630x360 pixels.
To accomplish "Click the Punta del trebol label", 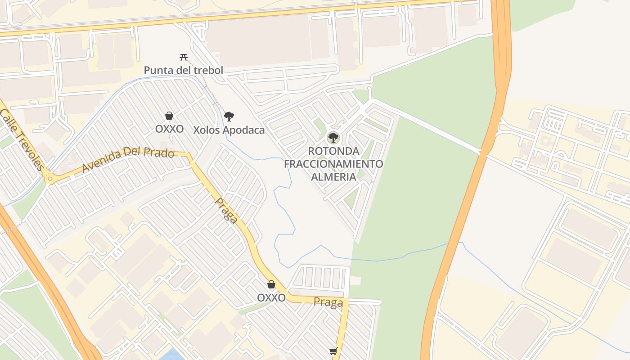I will click(x=183, y=70).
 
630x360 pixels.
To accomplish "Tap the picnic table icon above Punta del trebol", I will click(x=183, y=57).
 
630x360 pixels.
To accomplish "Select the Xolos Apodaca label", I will click(x=229, y=130).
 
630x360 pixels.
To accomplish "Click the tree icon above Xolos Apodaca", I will click(x=229, y=117).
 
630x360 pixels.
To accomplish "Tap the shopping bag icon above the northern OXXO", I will click(x=169, y=116).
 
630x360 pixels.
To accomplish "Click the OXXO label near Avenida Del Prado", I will click(x=169, y=129).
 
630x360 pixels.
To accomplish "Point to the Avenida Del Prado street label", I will click(x=128, y=161).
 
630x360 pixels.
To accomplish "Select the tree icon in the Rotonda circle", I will click(x=333, y=138).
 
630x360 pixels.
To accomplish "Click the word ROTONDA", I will click(x=333, y=151).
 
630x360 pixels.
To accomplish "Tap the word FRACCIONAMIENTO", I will click(x=333, y=163).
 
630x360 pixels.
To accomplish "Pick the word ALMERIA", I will click(x=333, y=176).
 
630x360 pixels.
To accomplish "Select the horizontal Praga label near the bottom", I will click(x=328, y=302).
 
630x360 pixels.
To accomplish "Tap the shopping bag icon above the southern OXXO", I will click(x=271, y=284).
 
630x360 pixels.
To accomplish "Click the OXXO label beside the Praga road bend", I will click(x=271, y=297).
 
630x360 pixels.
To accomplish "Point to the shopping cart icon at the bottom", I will click(x=333, y=351).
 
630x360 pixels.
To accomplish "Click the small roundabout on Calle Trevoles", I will click(x=49, y=179).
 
